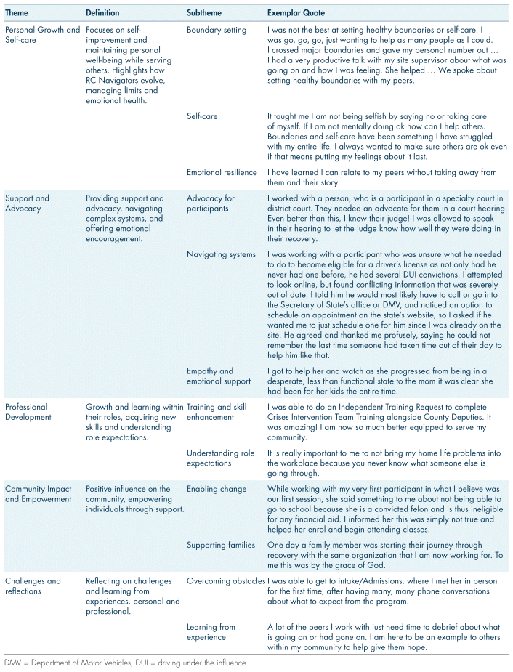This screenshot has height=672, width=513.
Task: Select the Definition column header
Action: [102, 13]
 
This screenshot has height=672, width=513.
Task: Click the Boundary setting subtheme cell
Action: [217, 31]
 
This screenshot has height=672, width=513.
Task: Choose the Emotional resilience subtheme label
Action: [222, 172]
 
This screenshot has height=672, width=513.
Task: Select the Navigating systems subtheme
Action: [221, 254]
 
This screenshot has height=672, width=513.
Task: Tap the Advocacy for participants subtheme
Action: [211, 203]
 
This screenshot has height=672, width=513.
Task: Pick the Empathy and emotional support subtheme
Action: [210, 376]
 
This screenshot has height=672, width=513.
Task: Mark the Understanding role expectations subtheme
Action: [220, 458]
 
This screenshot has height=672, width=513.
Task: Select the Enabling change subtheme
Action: [216, 489]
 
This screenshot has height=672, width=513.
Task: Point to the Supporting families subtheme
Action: [220, 545]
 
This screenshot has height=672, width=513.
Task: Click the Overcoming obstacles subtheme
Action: [226, 580]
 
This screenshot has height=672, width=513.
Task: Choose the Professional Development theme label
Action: [27, 412]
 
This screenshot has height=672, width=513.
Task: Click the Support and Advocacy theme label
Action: [28, 203]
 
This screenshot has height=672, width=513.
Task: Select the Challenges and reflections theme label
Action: [33, 586]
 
